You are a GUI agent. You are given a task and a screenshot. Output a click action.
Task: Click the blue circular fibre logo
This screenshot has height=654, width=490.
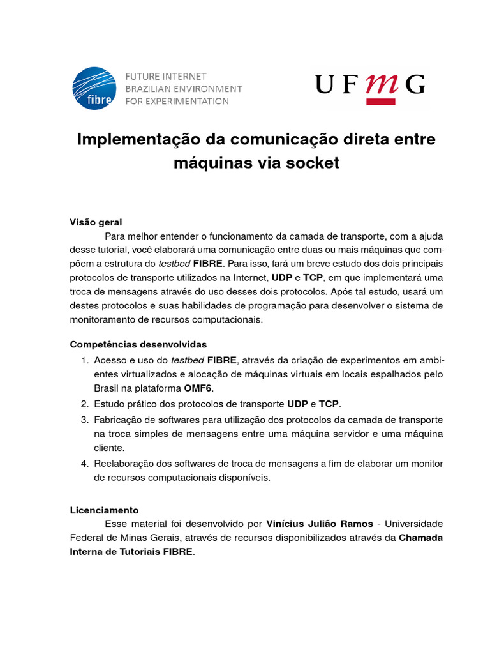[94, 87]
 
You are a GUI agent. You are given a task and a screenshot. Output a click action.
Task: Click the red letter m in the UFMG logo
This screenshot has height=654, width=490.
[381, 84]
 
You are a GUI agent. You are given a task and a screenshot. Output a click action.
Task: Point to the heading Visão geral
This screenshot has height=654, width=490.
[96, 222]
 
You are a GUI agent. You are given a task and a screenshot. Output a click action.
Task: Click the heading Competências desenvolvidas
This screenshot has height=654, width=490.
[138, 344]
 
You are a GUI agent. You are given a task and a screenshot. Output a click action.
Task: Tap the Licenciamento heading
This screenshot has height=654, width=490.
[104, 510]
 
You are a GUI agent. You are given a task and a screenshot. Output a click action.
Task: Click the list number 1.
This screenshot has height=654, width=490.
[84, 360]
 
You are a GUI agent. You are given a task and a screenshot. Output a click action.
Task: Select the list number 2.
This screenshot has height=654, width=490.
[84, 404]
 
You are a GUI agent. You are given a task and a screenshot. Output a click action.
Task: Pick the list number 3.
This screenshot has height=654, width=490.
[84, 419]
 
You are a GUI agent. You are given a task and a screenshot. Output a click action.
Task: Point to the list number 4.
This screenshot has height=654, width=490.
[84, 462]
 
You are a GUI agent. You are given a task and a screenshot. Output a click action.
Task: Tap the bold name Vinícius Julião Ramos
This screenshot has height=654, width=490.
[319, 524]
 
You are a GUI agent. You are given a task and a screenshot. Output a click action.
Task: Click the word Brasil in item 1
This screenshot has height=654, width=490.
[107, 388]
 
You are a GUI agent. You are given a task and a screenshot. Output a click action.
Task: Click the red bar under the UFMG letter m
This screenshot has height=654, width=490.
[381, 101]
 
